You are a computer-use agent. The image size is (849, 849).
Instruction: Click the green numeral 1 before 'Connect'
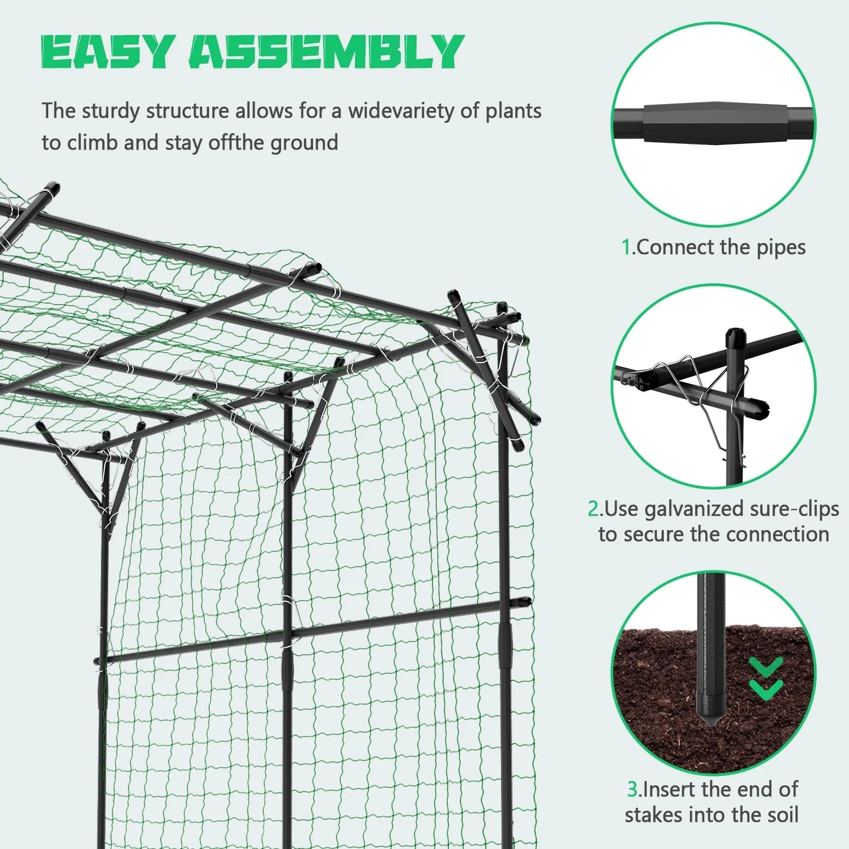pyautogui.click(x=626, y=247)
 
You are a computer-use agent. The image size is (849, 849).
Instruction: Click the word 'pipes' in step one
pyautogui.click(x=781, y=248)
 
